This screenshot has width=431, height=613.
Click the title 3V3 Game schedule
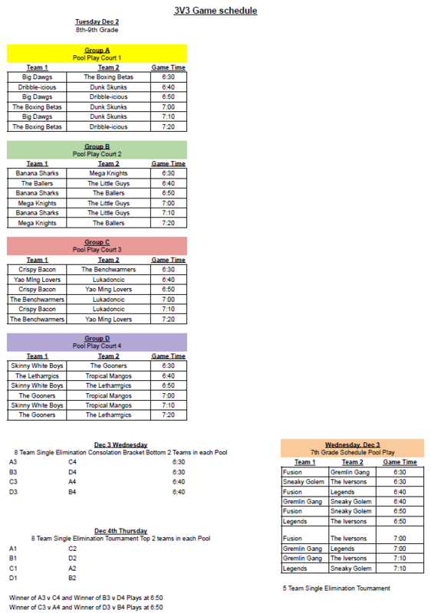coord(215,11)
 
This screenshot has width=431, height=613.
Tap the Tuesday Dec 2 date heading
coord(97,22)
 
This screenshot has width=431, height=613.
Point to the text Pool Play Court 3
coord(97,250)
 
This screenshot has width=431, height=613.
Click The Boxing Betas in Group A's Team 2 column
coord(108,77)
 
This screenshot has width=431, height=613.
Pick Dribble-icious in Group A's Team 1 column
coord(37,87)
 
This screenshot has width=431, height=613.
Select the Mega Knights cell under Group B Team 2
coord(108,173)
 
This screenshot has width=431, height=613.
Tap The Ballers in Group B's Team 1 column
coord(37,183)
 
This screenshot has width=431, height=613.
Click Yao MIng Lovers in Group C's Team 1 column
coord(37,280)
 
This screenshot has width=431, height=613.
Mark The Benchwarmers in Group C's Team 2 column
coord(108,270)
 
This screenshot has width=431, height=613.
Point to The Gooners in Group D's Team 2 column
coord(108,366)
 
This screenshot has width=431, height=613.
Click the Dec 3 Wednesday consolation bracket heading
coord(121,445)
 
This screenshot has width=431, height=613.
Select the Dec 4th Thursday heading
coord(121,531)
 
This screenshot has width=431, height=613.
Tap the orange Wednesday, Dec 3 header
coord(352,444)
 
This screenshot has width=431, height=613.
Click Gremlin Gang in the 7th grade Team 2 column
coord(350,472)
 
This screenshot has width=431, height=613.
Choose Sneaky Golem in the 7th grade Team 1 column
coord(304,482)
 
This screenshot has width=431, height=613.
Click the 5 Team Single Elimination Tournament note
coord(336,588)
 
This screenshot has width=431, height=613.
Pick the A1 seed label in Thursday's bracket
coord(13,549)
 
